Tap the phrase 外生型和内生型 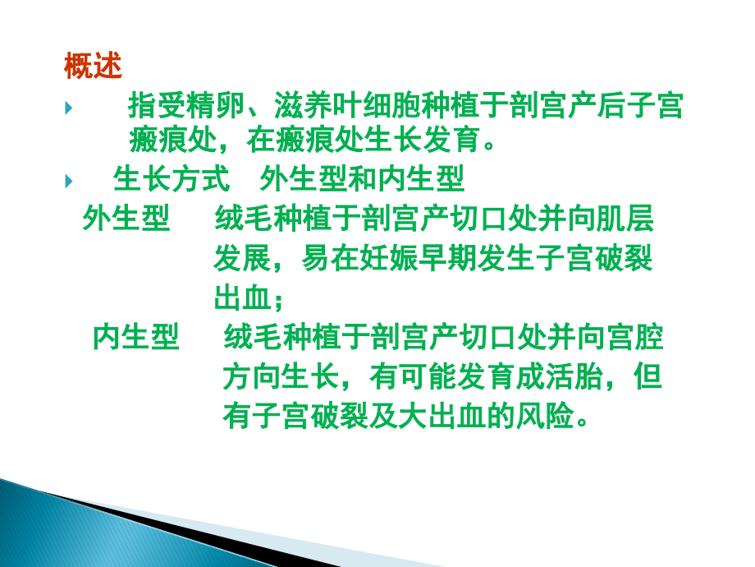coord(362,178)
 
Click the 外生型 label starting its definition coord(126,219)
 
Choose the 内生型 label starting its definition coord(135,337)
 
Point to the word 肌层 coord(624,219)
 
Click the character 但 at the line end coord(648,377)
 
